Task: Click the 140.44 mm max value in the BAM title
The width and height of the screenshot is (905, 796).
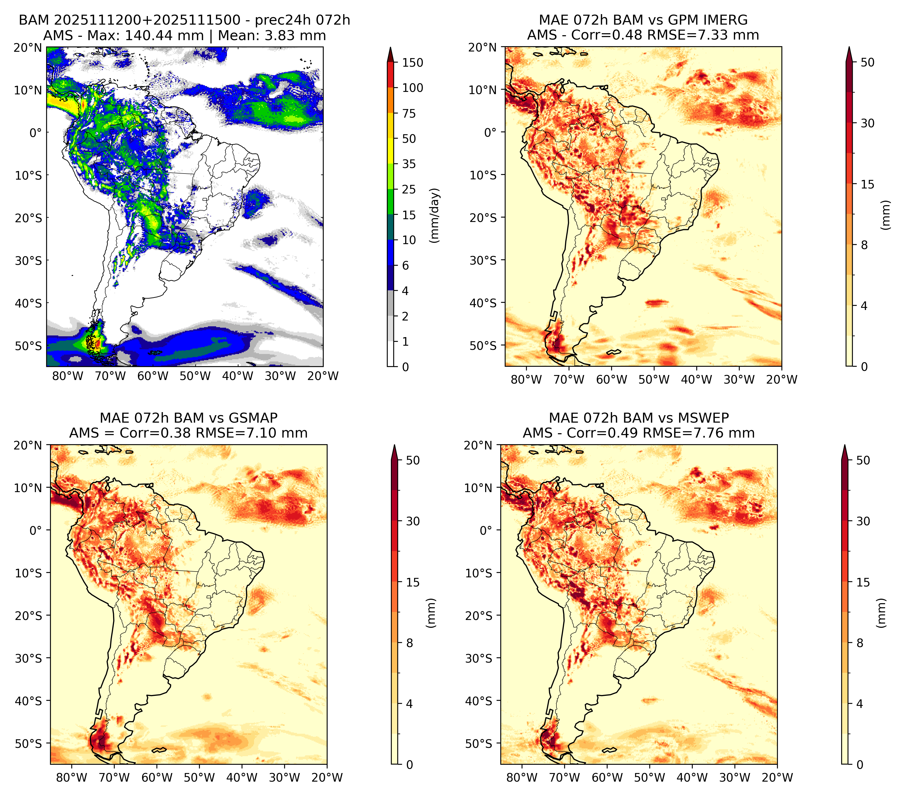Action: (164, 35)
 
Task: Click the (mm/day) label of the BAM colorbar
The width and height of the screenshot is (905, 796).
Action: (435, 215)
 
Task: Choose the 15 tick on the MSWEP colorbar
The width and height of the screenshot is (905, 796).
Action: (863, 582)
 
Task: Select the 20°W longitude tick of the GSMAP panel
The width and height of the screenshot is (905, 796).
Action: (327, 778)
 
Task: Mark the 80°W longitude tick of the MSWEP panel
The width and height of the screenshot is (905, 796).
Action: (522, 778)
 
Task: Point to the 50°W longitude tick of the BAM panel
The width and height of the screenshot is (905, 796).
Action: (195, 376)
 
